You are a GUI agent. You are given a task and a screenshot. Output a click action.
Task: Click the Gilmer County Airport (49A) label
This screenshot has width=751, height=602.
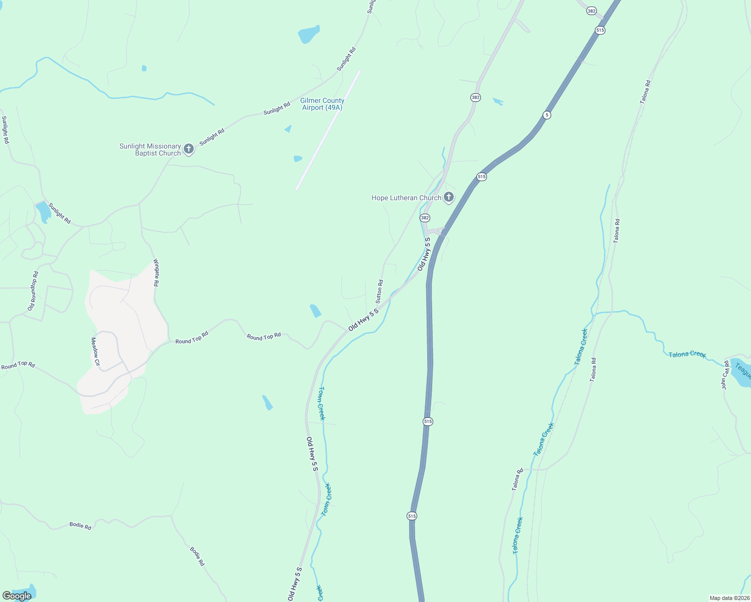click(x=322, y=104)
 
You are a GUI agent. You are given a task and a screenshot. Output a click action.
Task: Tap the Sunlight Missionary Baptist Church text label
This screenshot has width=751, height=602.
click(x=150, y=150)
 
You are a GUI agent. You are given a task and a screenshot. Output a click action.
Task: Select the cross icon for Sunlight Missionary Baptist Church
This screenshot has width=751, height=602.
click(x=189, y=148)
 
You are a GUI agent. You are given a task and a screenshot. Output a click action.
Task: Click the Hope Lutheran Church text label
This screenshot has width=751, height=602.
click(x=406, y=198)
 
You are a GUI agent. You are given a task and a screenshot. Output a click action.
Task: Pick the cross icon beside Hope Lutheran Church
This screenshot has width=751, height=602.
click(x=449, y=197)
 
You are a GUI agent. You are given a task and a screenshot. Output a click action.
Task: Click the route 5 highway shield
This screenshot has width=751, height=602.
click(x=547, y=115)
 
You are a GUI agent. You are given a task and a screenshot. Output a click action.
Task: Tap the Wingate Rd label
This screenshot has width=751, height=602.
click(x=156, y=272)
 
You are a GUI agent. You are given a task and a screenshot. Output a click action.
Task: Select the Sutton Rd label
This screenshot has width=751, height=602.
click(x=380, y=291)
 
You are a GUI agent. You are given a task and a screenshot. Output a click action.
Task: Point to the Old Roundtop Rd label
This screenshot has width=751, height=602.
click(x=33, y=291)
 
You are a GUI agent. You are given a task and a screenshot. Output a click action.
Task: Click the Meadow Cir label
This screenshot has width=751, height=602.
click(x=95, y=351)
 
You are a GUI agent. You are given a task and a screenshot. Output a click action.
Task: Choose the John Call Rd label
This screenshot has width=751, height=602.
click(x=725, y=375)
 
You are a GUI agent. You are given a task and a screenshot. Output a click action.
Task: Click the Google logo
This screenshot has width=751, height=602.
click(x=17, y=595)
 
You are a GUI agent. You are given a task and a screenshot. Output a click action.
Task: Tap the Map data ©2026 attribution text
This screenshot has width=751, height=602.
click(x=729, y=598)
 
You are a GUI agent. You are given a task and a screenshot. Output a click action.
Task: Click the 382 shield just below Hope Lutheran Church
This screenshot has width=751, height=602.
click(x=425, y=218)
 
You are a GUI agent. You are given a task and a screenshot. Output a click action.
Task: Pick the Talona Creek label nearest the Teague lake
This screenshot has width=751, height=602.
click(x=687, y=354)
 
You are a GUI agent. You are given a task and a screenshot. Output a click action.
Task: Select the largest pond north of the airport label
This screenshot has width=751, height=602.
click(x=309, y=34)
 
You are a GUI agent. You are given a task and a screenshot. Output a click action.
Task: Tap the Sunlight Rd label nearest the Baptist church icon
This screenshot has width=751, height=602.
click(x=212, y=137)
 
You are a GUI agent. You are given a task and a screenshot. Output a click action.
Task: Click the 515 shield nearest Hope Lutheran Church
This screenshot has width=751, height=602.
click(x=481, y=177)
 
